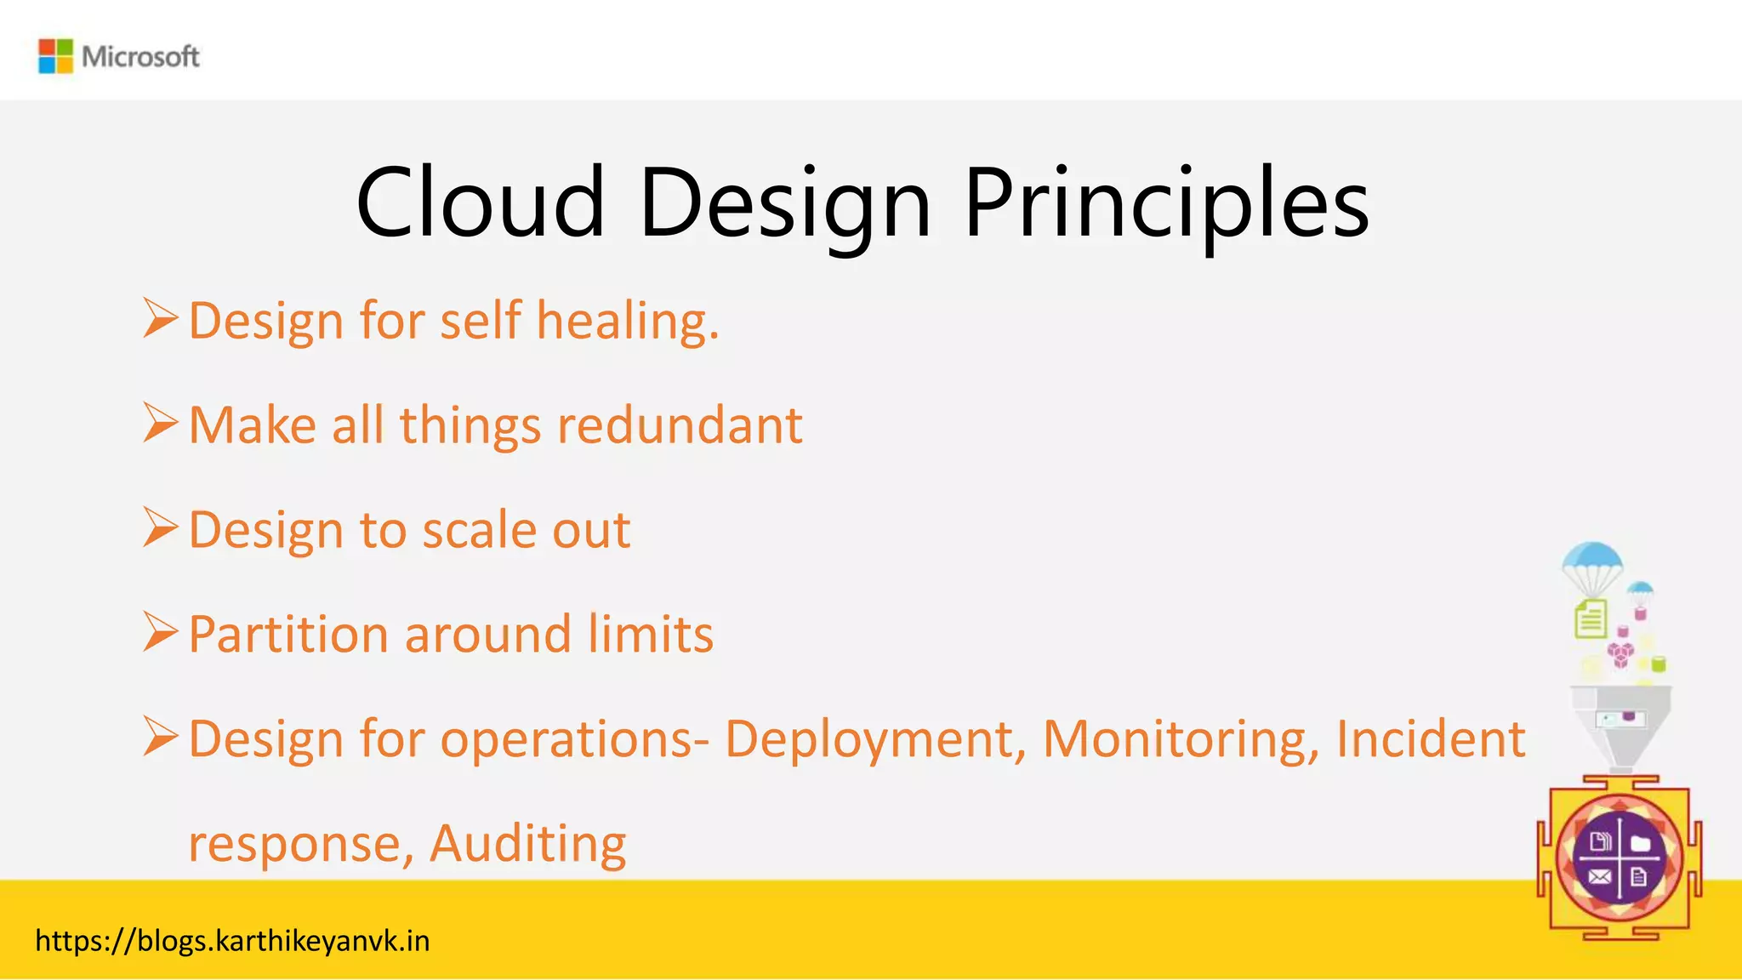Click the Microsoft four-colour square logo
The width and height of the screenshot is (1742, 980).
point(55,56)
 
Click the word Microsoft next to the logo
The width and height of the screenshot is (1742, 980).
point(140,57)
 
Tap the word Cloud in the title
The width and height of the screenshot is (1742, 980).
point(481,202)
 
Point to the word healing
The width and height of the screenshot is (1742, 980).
point(628,322)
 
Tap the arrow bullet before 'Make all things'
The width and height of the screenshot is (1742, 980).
point(160,423)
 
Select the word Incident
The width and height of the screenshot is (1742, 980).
point(1430,738)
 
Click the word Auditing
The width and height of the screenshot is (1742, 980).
point(527,844)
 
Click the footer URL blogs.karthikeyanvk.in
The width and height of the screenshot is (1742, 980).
point(232,941)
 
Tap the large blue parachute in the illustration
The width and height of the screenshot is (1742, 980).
point(1592,562)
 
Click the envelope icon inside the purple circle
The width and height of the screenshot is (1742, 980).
point(1599,877)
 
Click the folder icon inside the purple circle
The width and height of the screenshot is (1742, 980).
point(1641,843)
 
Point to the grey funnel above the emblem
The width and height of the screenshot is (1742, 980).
point(1620,724)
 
